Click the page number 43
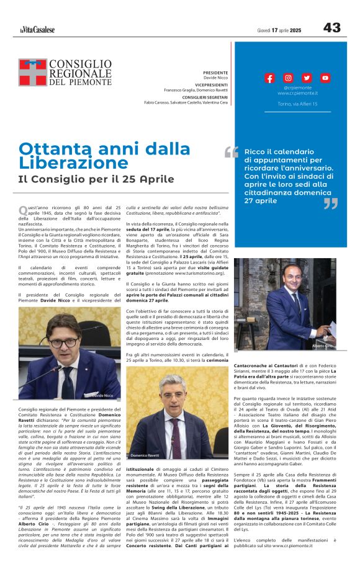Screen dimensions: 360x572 click(x=331, y=28)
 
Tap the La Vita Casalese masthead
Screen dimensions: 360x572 click(x=37, y=29)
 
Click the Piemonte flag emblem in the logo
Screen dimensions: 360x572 click(x=32, y=72)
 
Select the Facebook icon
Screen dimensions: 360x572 click(x=269, y=78)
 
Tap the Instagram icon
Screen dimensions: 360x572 click(x=288, y=78)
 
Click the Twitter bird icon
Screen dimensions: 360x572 click(x=307, y=78)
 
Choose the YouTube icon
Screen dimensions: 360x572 click(x=325, y=78)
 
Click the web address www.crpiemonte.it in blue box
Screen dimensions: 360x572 click(x=297, y=93)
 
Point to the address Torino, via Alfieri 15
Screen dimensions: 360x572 click(x=297, y=104)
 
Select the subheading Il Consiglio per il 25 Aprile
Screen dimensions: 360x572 click(x=96, y=179)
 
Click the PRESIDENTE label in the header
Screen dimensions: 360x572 click(x=215, y=73)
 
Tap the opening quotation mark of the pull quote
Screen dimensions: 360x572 click(x=232, y=152)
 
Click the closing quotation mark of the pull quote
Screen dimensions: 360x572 click(x=330, y=203)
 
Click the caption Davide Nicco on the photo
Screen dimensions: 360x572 click(x=104, y=395)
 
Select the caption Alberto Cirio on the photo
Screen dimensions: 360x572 click(x=322, y=345)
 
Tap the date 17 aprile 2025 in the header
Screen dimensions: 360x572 click(x=287, y=30)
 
